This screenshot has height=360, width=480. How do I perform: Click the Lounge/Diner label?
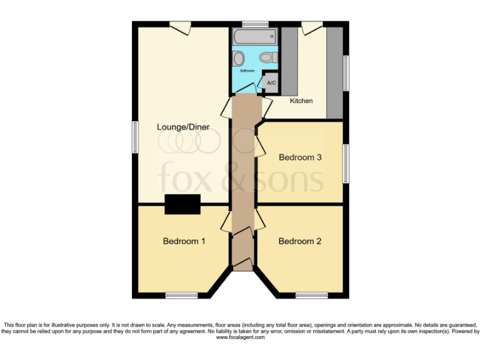point(182,127)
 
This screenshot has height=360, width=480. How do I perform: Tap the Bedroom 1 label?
point(184,241)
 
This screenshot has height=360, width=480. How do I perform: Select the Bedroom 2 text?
point(300,241)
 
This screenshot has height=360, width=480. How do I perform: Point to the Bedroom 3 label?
point(300,157)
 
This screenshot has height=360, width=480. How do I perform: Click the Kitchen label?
point(301,101)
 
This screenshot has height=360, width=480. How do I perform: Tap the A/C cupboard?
point(271,82)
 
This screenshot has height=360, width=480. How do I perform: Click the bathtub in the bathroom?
point(255,36)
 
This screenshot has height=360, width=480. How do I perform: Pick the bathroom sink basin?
point(239,59)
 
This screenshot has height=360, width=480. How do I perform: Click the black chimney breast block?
point(182,204)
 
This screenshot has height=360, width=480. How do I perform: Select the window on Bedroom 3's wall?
point(344,163)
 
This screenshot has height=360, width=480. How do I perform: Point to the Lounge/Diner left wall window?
point(134,136)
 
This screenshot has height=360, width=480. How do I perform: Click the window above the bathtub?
point(255,24)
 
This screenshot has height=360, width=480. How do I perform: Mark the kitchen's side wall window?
point(344,73)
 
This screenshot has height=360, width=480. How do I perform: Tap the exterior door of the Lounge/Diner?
point(181,27)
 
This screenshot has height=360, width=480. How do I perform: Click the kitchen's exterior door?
point(311,27)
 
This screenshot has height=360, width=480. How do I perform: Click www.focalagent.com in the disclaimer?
point(240,337)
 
